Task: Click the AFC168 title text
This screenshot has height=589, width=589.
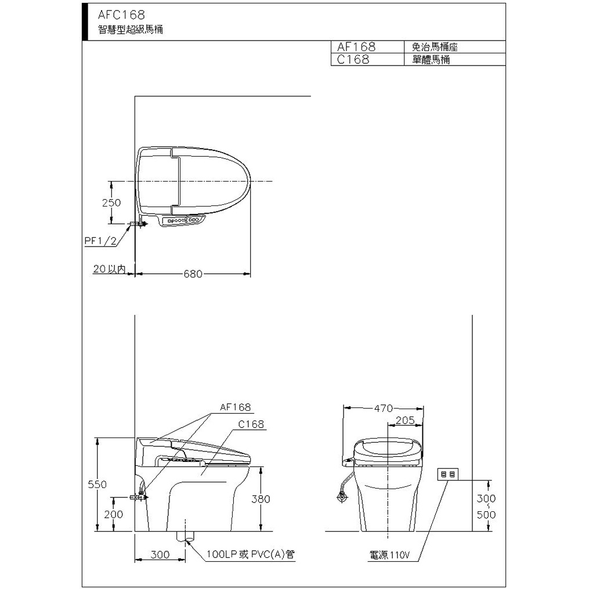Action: (x=121, y=15)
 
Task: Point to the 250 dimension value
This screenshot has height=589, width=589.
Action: (x=111, y=203)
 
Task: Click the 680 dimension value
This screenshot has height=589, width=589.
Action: (x=193, y=274)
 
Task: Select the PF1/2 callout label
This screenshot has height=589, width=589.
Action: (x=100, y=241)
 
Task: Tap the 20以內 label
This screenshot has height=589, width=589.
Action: (x=109, y=269)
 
